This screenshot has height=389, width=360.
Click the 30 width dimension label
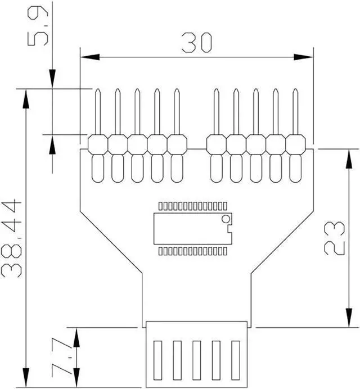pyautogui.click(x=197, y=43)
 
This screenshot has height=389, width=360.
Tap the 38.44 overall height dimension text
pyautogui.click(x=12, y=238)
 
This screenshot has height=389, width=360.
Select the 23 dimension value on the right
pyautogui.click(x=335, y=238)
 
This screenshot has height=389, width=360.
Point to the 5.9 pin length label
pyautogui.click(x=38, y=25)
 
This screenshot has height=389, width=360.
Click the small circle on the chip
pyautogui.click(x=226, y=219)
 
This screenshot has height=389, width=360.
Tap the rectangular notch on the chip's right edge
pyautogui.click(x=230, y=228)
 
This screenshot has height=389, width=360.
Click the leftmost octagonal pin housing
pyautogui.click(x=98, y=144)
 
